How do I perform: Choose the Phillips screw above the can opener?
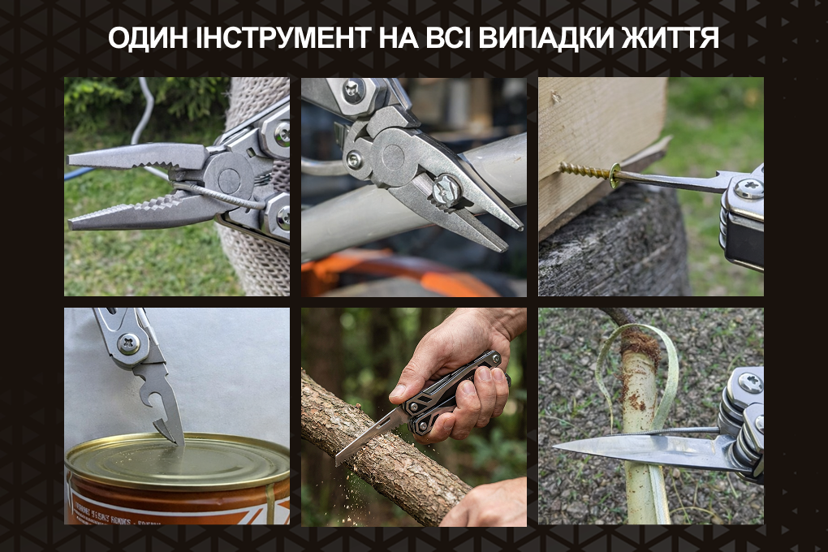coord(129,344)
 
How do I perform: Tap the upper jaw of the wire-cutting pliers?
coord(136,156)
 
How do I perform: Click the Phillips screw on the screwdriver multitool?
coord(748,188)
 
